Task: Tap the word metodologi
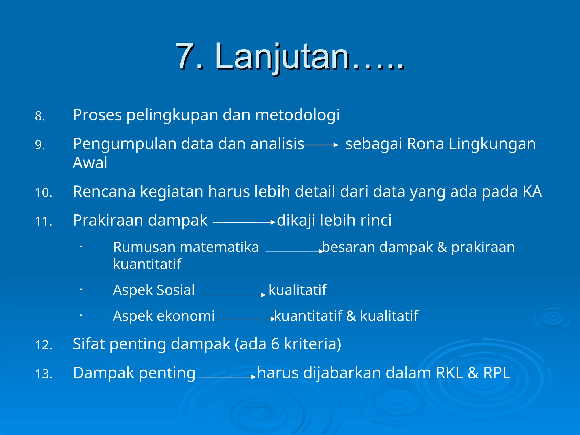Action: (297, 115)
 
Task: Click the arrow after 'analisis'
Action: (321, 145)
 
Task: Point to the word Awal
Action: (90, 163)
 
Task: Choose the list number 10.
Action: (43, 193)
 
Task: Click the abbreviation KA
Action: (532, 192)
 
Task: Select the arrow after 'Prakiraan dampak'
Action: (244, 223)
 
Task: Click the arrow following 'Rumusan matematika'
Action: (295, 251)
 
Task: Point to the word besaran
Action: (349, 247)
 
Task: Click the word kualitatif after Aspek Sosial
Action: (297, 290)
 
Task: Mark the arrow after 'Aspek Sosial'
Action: (234, 295)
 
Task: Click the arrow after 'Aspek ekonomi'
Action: (246, 319)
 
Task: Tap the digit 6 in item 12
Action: (275, 344)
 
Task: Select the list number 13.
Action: (43, 374)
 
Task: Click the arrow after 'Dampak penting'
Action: (227, 377)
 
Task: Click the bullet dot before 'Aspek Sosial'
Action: (81, 289)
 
